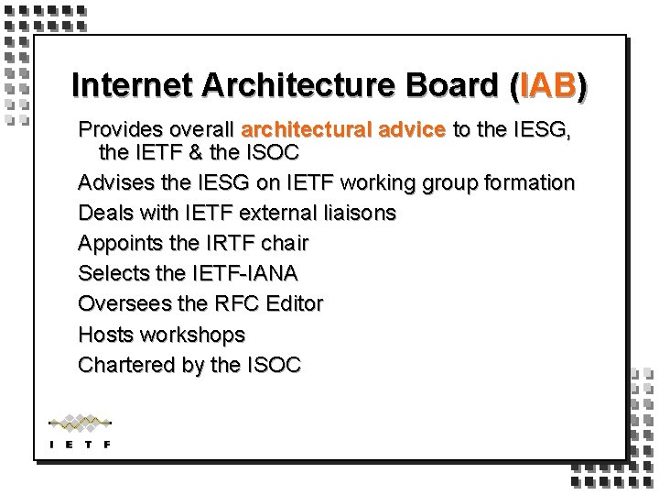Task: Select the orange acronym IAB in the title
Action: point(548,85)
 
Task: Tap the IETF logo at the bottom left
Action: point(80,431)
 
